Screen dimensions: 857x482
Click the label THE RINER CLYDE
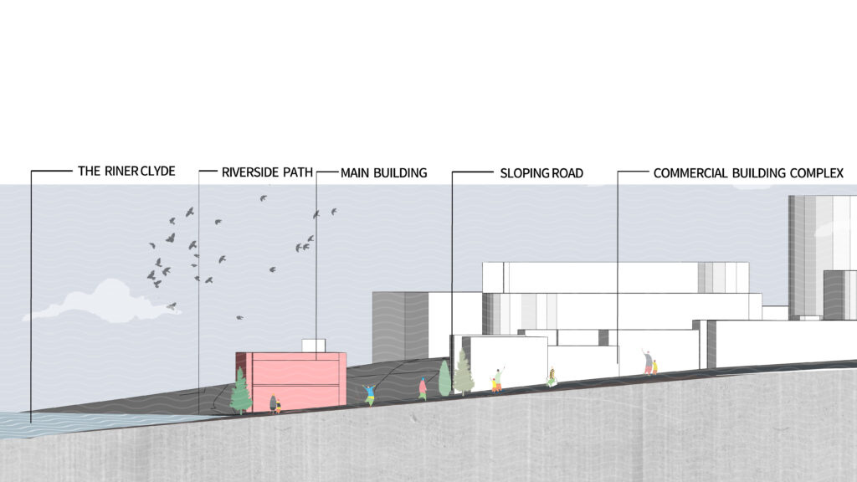click(126, 171)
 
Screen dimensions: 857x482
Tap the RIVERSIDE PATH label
click(267, 172)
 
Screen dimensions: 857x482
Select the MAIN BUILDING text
click(383, 173)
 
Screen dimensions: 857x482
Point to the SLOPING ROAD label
click(541, 173)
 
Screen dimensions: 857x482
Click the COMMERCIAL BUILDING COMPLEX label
click(748, 173)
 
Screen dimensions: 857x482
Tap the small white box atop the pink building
click(314, 346)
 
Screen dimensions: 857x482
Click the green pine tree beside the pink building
click(240, 392)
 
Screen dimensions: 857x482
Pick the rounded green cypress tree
click(445, 377)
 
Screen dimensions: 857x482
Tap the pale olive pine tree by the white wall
click(464, 373)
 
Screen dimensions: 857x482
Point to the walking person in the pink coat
click(423, 388)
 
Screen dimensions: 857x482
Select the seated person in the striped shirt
click(552, 377)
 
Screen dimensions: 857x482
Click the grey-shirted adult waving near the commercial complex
click(648, 361)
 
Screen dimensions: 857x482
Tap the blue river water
click(82, 423)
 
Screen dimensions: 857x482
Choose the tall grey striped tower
click(820, 257)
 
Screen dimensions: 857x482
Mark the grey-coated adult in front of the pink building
click(273, 404)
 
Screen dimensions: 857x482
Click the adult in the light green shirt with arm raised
click(497, 379)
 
